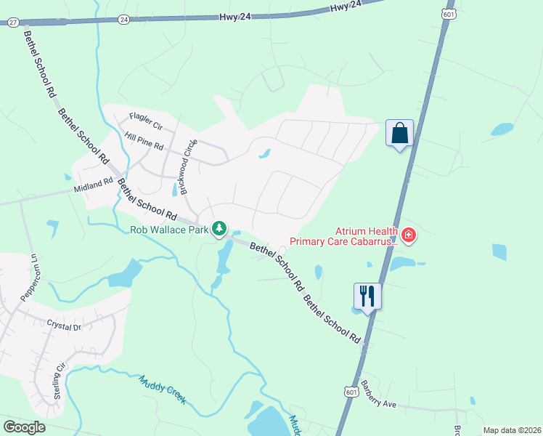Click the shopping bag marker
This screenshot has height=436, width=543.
(x=399, y=133)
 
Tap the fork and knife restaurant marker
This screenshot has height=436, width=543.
(x=367, y=295)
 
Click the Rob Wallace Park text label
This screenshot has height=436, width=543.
(x=169, y=230)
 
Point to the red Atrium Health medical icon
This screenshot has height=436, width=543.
(x=409, y=235)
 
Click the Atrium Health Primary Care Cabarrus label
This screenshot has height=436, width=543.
(x=344, y=236)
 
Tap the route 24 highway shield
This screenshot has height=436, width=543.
(x=124, y=18)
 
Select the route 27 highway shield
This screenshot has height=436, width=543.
(x=13, y=23)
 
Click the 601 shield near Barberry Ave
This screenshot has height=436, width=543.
(x=351, y=391)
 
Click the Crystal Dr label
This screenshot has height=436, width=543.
(x=64, y=326)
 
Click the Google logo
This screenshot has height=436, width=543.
(x=25, y=427)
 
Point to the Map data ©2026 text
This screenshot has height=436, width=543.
(x=511, y=430)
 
